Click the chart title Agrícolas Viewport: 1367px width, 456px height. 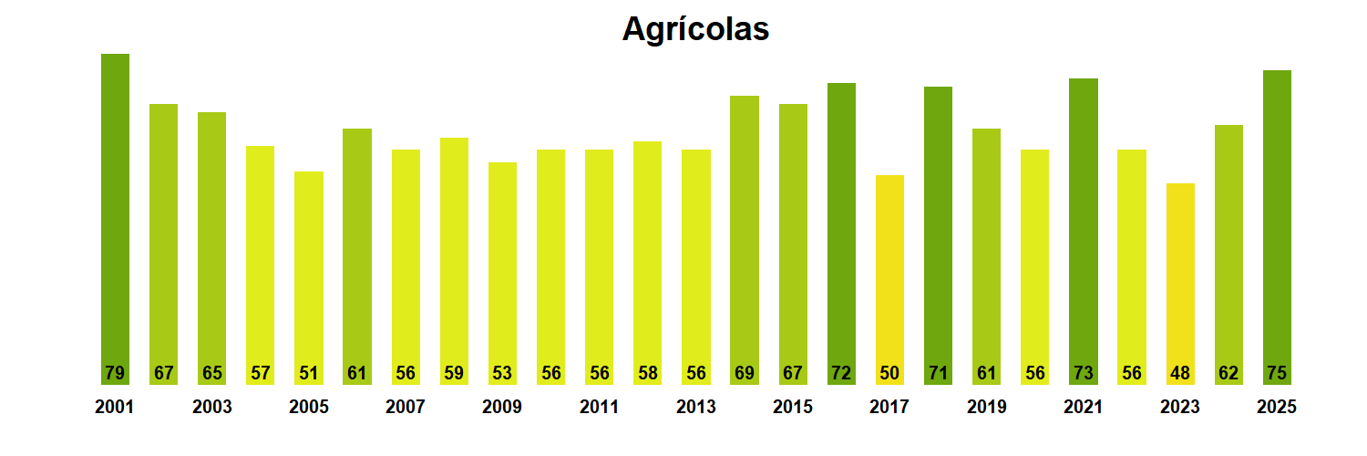click(695, 29)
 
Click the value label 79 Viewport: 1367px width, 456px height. click(115, 373)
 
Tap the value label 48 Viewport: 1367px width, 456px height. click(1180, 373)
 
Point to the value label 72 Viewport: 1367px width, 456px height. click(841, 373)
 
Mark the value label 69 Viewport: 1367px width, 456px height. click(745, 373)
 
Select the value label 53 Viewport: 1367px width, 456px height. click(502, 373)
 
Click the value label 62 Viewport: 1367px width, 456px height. click(1228, 373)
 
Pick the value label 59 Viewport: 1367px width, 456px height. click(454, 373)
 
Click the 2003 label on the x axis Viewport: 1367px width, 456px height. click(211, 408)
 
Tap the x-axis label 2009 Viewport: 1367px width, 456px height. click(502, 408)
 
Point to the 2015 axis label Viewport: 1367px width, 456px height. click(793, 408)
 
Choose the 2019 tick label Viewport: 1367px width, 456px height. click(986, 408)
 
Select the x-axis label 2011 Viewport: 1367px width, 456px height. click(599, 408)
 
